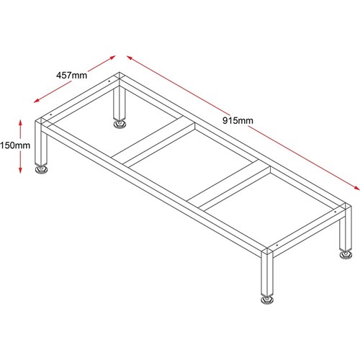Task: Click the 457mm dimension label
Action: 71,76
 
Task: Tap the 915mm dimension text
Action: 238,120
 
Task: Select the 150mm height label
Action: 15,145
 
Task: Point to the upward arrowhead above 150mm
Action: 20,122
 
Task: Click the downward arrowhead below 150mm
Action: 20,170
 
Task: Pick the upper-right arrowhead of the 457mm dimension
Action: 112,58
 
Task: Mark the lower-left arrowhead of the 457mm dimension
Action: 37,101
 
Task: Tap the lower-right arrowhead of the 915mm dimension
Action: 356,188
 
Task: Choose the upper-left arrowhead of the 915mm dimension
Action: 130,58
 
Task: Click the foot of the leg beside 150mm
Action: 41,169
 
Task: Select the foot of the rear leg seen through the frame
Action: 120,124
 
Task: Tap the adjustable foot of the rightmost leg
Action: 346,255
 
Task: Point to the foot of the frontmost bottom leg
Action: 267,300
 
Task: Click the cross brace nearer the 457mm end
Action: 153,142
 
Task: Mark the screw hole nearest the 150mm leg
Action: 51,114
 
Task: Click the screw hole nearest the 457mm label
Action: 109,81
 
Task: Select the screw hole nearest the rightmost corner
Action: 336,212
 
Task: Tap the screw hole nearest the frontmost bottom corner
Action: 277,246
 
